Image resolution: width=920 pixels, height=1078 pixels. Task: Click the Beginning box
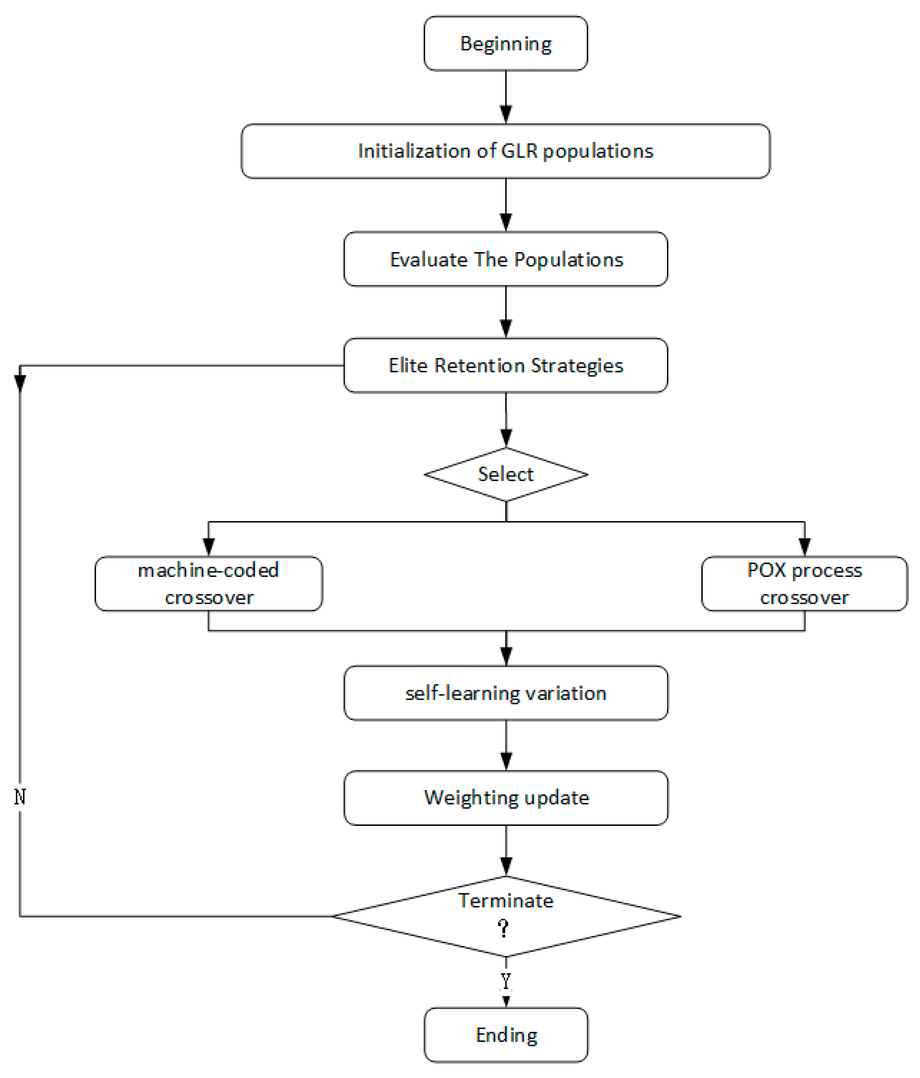click(x=505, y=44)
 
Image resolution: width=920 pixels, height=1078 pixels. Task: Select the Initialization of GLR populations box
click(x=505, y=151)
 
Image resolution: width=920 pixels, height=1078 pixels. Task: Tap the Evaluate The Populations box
click(x=505, y=259)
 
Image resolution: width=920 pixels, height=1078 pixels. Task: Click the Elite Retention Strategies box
click(x=505, y=365)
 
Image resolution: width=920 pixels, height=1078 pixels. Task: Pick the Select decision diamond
click(x=505, y=474)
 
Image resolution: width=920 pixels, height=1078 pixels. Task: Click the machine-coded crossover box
click(x=208, y=583)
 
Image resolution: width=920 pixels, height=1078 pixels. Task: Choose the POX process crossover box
click(x=804, y=583)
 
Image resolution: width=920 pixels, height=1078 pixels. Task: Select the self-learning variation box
click(x=505, y=693)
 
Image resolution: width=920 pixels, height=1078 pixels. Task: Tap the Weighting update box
click(x=505, y=798)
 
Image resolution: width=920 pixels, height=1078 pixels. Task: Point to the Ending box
click(x=505, y=1035)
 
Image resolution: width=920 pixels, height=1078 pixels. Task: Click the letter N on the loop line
click(x=20, y=796)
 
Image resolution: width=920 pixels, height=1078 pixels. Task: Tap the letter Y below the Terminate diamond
click(x=505, y=981)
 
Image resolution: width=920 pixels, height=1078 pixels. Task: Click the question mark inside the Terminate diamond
click(x=503, y=928)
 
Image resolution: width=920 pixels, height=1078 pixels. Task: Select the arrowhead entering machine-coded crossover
click(x=208, y=546)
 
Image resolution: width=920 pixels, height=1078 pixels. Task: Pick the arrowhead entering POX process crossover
click(x=804, y=546)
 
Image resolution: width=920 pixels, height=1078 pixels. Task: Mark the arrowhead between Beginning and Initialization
click(x=506, y=114)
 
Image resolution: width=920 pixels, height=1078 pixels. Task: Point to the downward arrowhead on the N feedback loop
click(x=20, y=384)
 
